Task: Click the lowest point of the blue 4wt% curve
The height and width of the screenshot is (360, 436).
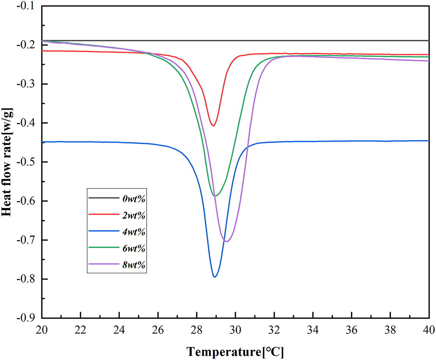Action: tap(214, 277)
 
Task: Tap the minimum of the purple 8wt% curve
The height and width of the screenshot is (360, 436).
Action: tap(227, 241)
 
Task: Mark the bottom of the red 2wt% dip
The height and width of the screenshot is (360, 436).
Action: tap(213, 126)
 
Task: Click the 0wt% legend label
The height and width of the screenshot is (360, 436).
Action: tap(134, 199)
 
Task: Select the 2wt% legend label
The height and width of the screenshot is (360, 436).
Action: tap(134, 215)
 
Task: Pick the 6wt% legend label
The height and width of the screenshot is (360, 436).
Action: tap(134, 248)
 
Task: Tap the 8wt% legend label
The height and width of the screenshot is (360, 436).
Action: tap(134, 264)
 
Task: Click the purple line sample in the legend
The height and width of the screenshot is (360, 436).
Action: tap(104, 264)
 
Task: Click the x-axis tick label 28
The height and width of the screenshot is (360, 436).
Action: tap(197, 330)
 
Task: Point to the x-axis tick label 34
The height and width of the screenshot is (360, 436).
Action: tap(313, 330)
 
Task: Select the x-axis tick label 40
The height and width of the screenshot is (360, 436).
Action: tap(429, 330)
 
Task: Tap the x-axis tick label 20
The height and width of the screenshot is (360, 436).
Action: tap(42, 330)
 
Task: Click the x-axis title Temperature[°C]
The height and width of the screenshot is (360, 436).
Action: tap(235, 352)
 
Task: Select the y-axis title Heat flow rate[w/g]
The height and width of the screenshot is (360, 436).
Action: tap(7, 162)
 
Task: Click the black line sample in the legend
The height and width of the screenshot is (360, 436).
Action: tap(104, 198)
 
